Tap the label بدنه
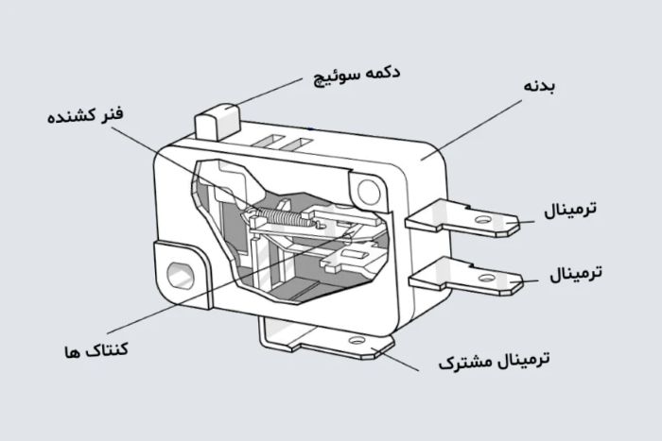click(x=538, y=87)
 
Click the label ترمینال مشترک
click(x=495, y=361)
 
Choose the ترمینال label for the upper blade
click(x=570, y=209)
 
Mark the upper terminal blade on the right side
click(x=463, y=222)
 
